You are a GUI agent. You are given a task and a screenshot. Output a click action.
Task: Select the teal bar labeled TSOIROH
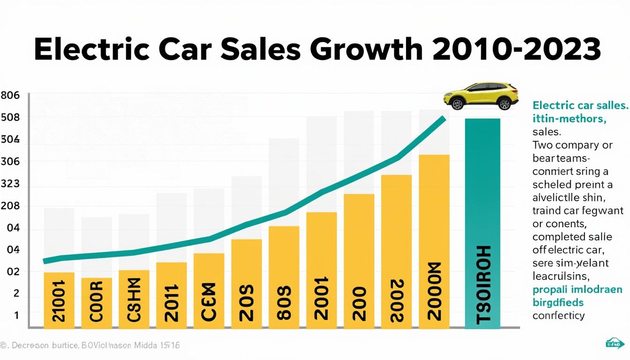[482, 223]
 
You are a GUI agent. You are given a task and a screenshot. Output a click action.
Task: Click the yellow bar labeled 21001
[59, 300]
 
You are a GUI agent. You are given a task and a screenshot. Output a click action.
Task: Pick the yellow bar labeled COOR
[97, 303]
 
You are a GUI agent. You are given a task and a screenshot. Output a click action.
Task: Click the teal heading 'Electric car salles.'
[580, 105]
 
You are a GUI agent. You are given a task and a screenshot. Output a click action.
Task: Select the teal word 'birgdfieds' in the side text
[558, 302]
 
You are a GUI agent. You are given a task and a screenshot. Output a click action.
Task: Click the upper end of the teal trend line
[443, 119]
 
